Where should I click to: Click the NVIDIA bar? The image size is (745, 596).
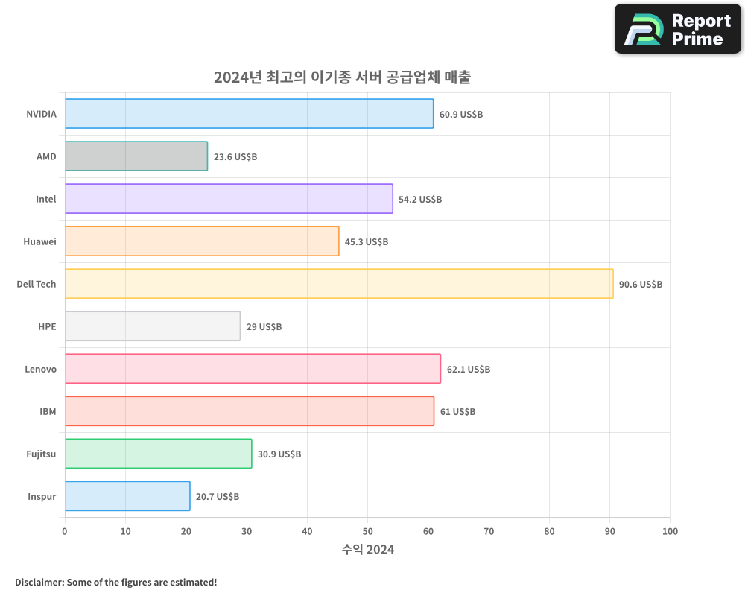coord(249,114)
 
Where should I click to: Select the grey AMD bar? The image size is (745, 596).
coord(136,156)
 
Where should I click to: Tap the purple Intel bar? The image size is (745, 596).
coord(229,199)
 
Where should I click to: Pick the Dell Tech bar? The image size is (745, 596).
coord(339,284)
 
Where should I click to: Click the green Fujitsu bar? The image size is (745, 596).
coord(158,454)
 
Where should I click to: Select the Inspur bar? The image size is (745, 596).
coord(127,496)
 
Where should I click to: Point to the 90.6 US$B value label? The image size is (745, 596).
coord(641,284)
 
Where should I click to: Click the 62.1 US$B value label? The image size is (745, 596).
coord(469,369)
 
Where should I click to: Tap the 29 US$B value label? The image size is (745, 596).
coord(264,326)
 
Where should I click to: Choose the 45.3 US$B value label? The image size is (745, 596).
coord(367,241)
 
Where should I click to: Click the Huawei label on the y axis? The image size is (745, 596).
coord(39,241)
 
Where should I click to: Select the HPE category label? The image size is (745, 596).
coord(47,326)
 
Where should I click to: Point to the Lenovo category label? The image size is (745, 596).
coord(40,369)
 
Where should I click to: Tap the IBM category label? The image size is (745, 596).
coord(48,411)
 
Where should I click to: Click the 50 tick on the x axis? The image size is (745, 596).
coord(367,531)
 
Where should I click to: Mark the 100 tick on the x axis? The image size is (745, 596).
coord(670,531)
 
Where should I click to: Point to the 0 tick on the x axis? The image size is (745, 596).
coord(65,531)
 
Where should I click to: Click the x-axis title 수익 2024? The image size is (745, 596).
coord(368,550)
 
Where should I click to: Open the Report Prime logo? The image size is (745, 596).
coord(678,29)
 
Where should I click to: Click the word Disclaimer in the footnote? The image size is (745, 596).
coord(38,582)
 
